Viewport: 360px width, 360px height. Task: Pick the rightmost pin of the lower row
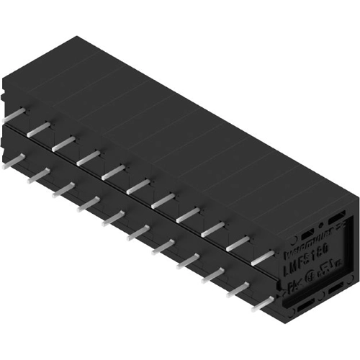click(266, 303)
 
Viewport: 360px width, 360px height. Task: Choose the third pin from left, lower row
click(64, 188)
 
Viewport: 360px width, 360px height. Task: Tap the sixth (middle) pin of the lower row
click(138, 232)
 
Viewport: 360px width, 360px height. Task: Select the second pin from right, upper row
click(238, 243)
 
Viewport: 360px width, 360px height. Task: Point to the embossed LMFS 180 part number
click(308, 265)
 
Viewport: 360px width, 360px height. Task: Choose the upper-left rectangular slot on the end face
click(307, 235)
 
